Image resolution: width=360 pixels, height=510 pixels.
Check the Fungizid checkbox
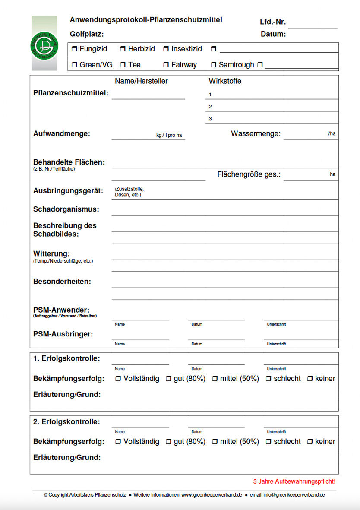(x=75, y=49)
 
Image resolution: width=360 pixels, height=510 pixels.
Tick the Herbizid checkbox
(x=123, y=49)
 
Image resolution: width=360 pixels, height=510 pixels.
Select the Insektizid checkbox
(x=166, y=49)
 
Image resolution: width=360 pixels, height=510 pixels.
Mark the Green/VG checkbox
(x=75, y=65)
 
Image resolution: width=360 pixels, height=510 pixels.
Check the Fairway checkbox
(x=166, y=65)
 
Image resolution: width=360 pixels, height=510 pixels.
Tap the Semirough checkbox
(x=213, y=65)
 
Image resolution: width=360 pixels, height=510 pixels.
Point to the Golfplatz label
(x=87, y=34)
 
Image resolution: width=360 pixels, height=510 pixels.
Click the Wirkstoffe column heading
(x=225, y=81)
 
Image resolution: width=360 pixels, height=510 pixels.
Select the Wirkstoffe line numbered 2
(x=272, y=107)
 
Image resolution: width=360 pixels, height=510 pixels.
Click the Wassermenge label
(x=256, y=134)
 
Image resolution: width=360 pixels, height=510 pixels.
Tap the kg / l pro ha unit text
(x=169, y=136)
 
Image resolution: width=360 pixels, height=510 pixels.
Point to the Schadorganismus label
(x=66, y=209)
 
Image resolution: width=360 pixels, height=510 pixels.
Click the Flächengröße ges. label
(x=249, y=175)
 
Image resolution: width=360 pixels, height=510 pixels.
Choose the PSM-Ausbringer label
(x=63, y=334)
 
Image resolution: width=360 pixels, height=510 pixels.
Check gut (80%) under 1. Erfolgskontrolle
(x=169, y=379)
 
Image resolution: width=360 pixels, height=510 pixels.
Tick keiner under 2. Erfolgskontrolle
(x=310, y=442)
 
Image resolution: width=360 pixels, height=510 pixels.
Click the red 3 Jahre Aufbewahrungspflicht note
(x=294, y=481)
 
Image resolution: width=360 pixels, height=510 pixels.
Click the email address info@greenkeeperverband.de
(x=294, y=495)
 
